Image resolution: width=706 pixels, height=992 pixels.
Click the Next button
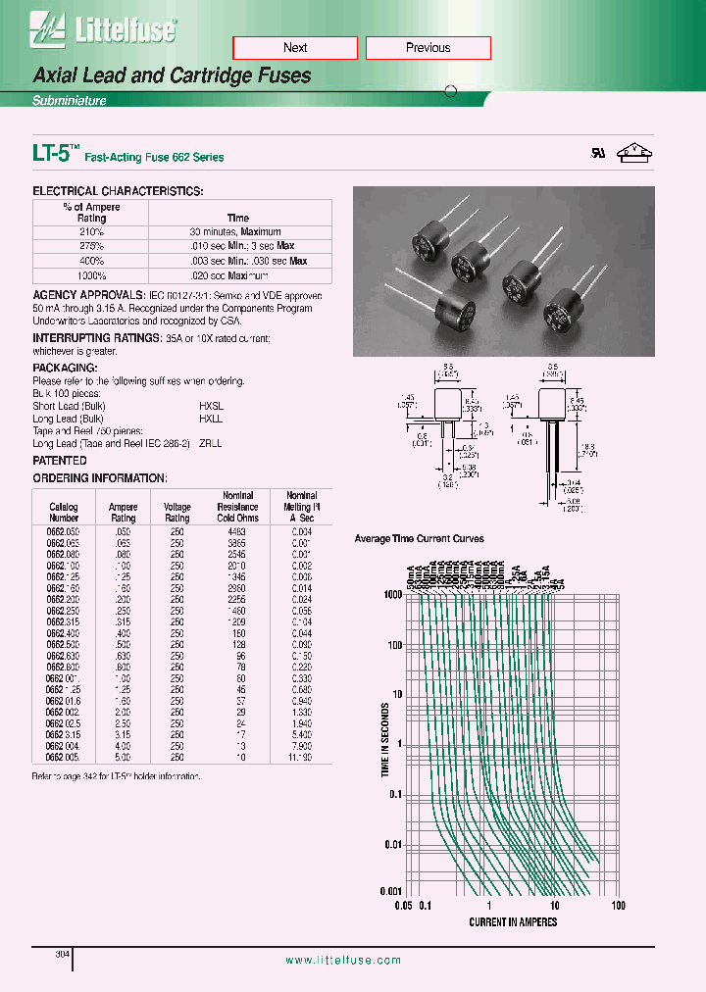[294, 48]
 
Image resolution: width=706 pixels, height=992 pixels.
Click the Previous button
[428, 48]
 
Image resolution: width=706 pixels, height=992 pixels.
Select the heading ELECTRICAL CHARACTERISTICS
[118, 191]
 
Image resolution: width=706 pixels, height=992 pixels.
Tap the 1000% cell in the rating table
[91, 275]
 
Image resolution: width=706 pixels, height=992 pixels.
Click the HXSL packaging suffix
[211, 406]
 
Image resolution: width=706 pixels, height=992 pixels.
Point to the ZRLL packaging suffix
[210, 443]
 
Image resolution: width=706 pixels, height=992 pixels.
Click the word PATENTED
[60, 461]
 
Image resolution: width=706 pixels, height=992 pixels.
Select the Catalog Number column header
[64, 513]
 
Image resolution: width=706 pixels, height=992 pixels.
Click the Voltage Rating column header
[177, 513]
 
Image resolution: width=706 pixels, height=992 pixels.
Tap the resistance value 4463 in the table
[237, 530]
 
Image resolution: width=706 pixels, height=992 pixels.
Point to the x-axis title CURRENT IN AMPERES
[512, 921]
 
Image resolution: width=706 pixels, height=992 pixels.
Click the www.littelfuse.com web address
[343, 961]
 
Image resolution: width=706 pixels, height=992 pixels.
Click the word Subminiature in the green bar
[69, 101]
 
